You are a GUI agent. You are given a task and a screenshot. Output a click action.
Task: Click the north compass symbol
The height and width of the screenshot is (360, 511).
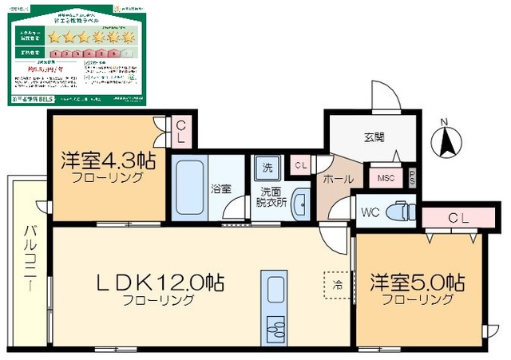(x=446, y=140)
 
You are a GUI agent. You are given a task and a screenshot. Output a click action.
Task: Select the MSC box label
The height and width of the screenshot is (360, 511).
(x=386, y=177)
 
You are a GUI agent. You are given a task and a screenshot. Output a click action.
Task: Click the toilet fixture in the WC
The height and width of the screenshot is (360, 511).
(x=397, y=212)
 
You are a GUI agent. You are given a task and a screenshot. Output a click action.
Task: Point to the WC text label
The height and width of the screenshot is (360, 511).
(x=369, y=213)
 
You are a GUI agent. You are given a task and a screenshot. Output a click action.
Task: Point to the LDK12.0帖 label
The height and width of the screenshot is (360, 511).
(x=160, y=283)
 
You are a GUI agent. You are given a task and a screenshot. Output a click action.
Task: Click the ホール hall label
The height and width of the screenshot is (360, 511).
(x=338, y=180)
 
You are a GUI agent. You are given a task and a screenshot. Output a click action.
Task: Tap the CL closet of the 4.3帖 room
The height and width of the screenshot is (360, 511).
(x=181, y=132)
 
